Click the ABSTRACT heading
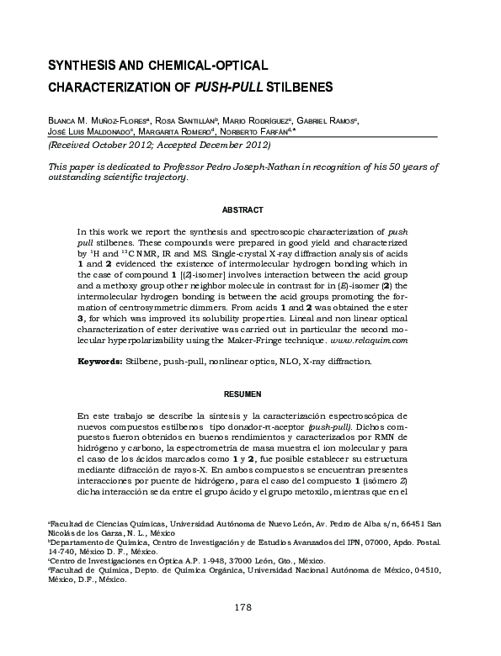[243, 209]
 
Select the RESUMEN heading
[243, 394]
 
